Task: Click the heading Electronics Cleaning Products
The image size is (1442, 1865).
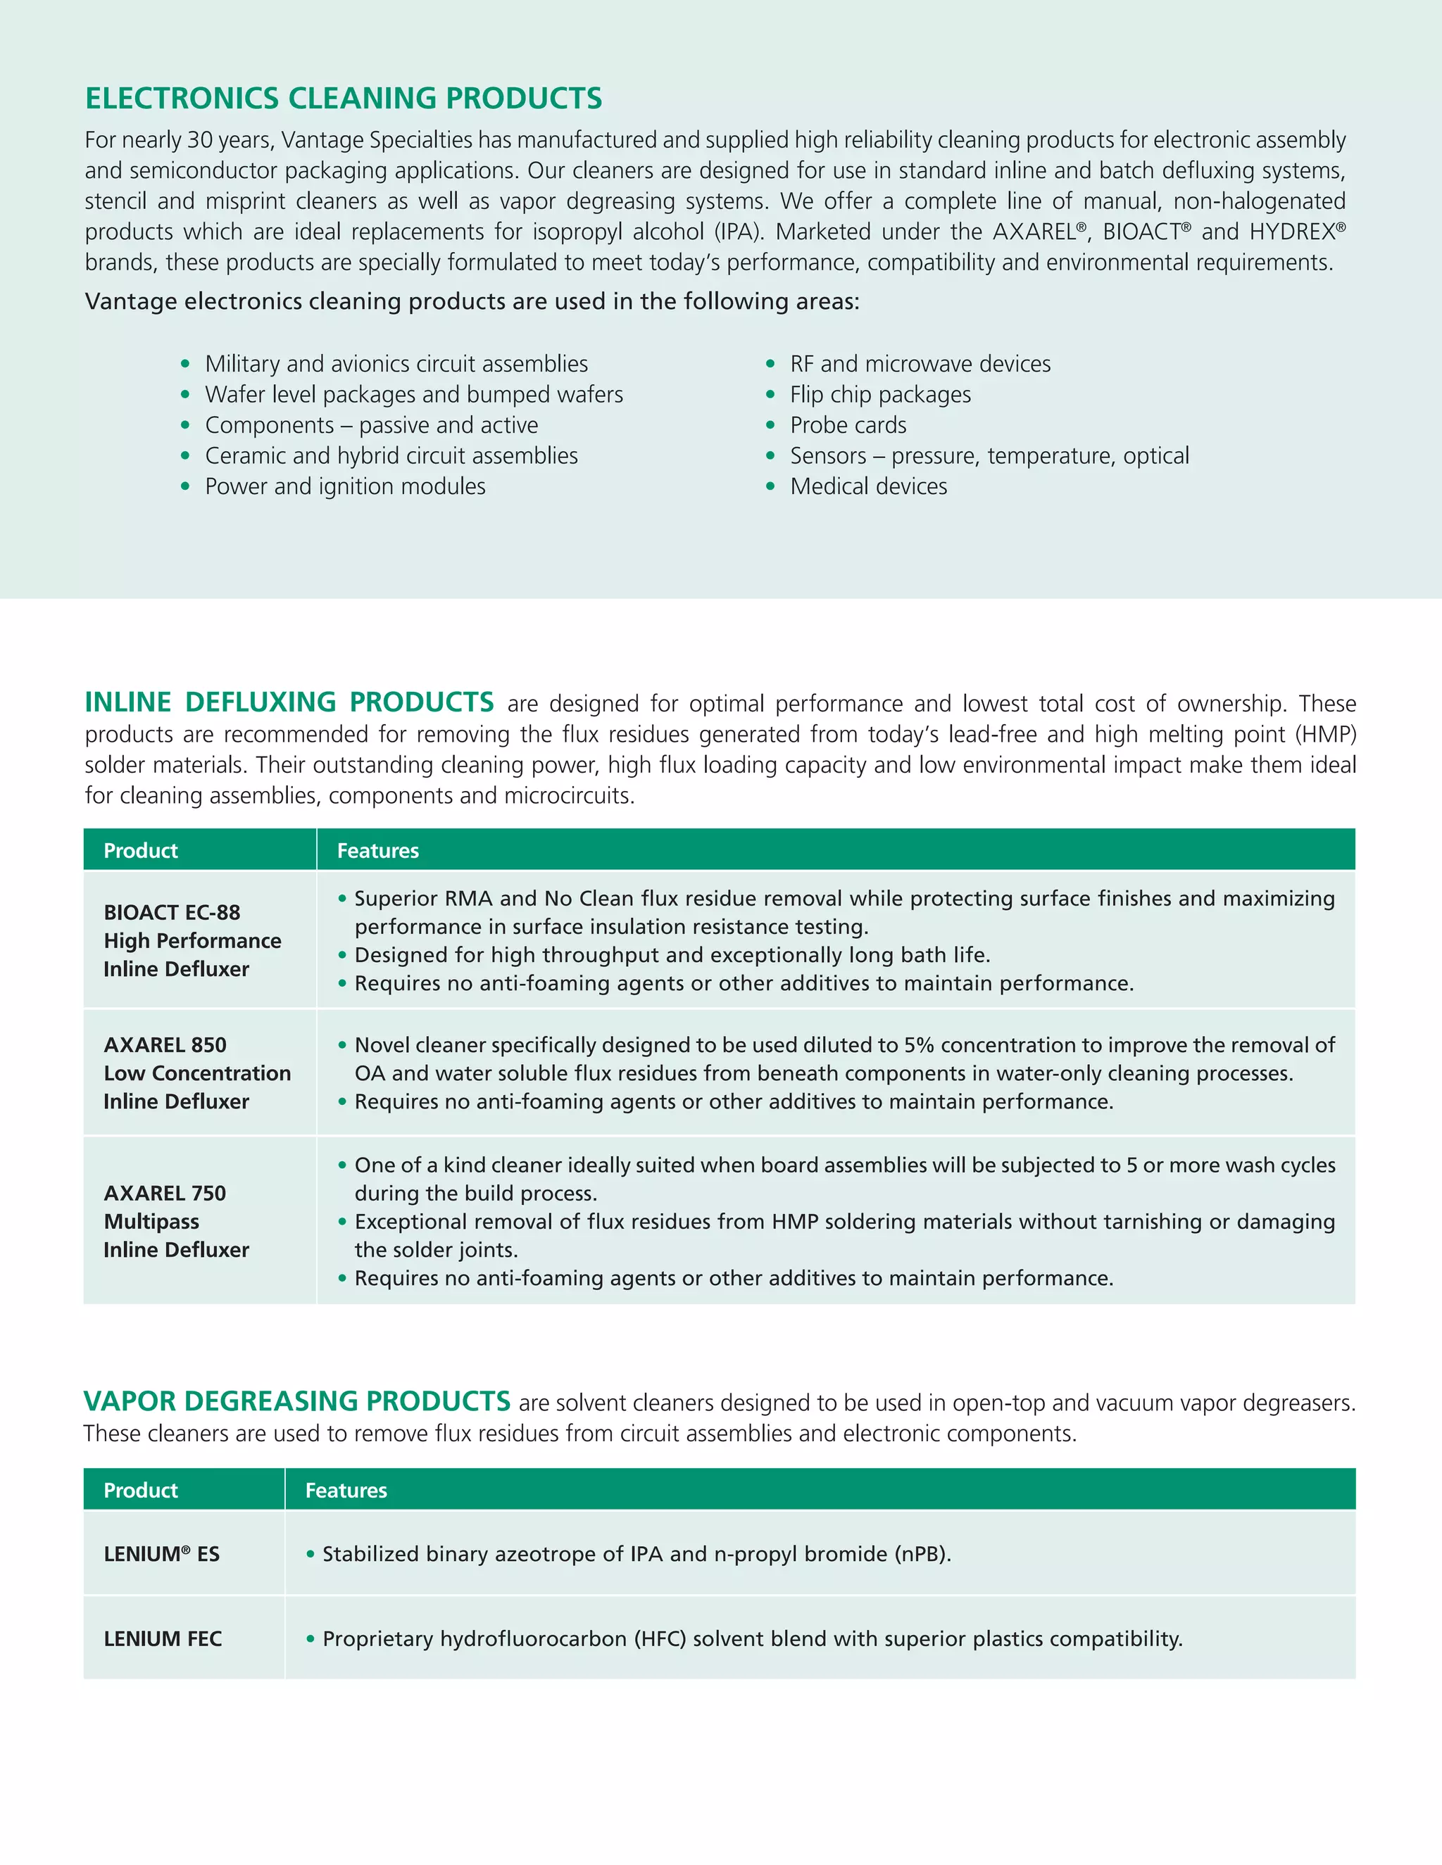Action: [x=344, y=99]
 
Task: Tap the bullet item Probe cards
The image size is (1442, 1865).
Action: [x=848, y=425]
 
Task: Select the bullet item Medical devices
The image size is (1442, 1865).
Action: [x=868, y=487]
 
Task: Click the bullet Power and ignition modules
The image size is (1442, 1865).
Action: [x=344, y=487]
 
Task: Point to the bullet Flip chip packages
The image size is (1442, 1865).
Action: [x=880, y=395]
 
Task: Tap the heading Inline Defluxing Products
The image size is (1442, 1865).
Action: [x=289, y=702]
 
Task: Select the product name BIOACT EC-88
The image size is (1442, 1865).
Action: [x=172, y=912]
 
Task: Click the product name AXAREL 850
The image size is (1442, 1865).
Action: [x=165, y=1044]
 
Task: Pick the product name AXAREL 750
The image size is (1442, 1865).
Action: [x=165, y=1193]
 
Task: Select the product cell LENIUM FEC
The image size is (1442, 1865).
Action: [x=163, y=1638]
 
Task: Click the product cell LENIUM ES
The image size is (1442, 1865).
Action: [x=161, y=1554]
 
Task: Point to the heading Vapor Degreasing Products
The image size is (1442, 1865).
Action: [x=297, y=1401]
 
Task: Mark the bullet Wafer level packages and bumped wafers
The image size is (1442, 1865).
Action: [x=413, y=395]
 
